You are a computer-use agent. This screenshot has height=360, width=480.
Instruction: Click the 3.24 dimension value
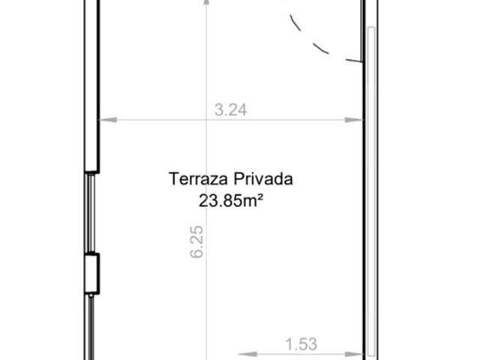(x=230, y=110)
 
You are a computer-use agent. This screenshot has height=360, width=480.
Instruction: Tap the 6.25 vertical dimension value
(x=196, y=241)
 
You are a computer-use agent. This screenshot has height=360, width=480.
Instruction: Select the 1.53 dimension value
(x=301, y=344)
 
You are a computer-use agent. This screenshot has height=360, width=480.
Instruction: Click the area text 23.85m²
(x=231, y=201)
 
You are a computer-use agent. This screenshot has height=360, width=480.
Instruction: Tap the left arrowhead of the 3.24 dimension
(x=108, y=120)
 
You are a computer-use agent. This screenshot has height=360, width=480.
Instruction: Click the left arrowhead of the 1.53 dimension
(x=247, y=355)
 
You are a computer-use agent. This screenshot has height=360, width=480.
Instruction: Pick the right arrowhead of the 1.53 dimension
(x=354, y=355)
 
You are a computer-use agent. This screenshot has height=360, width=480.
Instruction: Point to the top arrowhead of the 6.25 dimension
(x=207, y=3)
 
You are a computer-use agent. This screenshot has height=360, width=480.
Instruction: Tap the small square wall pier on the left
(x=91, y=274)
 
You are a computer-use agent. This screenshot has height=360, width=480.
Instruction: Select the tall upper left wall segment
(x=91, y=85)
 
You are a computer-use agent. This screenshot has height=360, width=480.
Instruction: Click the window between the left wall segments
(x=91, y=213)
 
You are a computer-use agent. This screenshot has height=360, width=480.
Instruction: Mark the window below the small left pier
(x=91, y=327)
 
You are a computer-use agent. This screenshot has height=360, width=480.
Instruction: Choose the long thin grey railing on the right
(x=370, y=192)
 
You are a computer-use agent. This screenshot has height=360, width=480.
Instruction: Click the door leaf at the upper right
(x=362, y=31)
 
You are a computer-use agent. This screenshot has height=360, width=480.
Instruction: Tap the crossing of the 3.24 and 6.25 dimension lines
(x=207, y=120)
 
